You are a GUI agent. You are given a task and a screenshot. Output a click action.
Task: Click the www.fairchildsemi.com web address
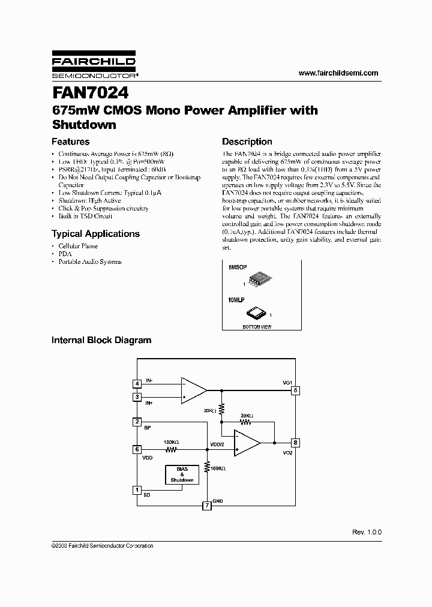click(338, 73)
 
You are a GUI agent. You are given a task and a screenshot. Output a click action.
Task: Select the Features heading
click(71, 142)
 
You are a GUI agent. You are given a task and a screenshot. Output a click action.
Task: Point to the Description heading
click(247, 142)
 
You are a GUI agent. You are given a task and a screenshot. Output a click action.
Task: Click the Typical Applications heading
click(95, 234)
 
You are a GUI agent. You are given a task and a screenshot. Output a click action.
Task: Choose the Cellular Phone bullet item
click(78, 247)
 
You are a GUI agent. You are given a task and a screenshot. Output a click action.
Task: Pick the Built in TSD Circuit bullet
click(85, 216)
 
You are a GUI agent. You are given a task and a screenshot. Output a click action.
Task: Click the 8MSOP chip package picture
click(259, 277)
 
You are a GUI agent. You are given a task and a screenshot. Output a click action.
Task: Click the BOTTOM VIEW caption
click(257, 327)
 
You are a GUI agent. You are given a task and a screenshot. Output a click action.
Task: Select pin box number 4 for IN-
click(137, 383)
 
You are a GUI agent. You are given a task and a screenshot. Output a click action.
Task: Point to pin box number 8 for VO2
click(295, 443)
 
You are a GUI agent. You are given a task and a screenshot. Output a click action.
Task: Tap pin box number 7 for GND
click(207, 506)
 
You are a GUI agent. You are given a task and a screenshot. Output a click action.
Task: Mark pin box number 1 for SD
click(137, 490)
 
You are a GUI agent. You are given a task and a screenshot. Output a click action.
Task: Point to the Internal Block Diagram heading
click(101, 340)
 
